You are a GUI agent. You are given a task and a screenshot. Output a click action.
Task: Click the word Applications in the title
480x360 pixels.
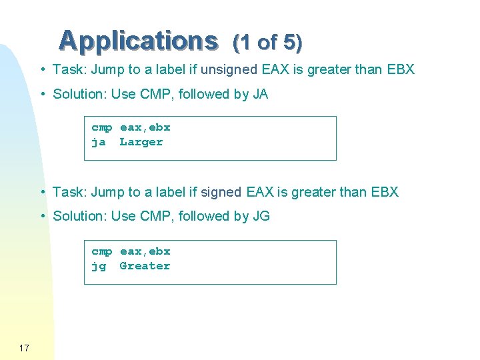click(138, 41)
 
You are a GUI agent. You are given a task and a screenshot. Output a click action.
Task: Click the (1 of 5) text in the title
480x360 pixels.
click(267, 43)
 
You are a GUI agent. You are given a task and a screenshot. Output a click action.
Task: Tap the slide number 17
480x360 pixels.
click(25, 347)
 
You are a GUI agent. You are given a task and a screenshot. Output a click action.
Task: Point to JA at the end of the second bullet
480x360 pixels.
click(260, 94)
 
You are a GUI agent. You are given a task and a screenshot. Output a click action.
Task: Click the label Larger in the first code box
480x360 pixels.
click(141, 142)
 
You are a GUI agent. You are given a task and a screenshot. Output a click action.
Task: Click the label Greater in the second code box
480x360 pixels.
click(145, 266)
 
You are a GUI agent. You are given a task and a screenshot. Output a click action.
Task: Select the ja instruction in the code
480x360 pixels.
click(99, 142)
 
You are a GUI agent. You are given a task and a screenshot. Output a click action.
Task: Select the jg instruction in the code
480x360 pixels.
click(99, 267)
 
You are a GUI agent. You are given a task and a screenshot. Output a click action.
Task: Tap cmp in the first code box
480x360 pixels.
click(102, 127)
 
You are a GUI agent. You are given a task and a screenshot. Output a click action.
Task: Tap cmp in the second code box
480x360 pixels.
click(102, 251)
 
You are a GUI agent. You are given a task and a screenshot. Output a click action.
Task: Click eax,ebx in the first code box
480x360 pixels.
click(145, 127)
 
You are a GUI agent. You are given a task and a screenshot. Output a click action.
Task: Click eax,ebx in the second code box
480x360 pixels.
click(145, 251)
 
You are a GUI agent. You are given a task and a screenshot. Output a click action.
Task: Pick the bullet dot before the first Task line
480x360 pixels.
click(42, 69)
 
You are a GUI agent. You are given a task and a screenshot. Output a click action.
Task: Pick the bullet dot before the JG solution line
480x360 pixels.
click(42, 216)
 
